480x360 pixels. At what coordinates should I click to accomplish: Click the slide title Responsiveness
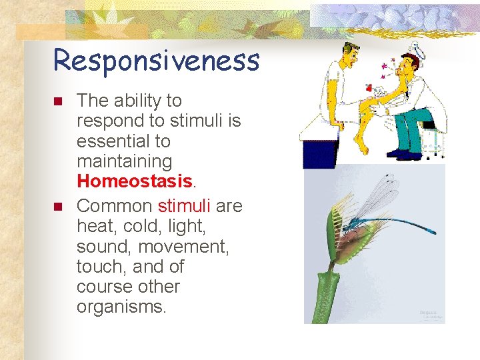click(x=156, y=60)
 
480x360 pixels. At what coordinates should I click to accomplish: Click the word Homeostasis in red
click(x=134, y=181)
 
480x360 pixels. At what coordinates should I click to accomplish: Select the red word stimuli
click(x=183, y=206)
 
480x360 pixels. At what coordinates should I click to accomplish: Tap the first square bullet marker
click(x=57, y=102)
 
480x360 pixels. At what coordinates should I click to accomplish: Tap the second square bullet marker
click(x=57, y=207)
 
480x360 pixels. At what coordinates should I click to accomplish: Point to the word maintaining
click(x=124, y=161)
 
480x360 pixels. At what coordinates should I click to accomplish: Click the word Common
click(x=114, y=206)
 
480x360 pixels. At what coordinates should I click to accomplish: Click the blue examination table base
click(x=318, y=154)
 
